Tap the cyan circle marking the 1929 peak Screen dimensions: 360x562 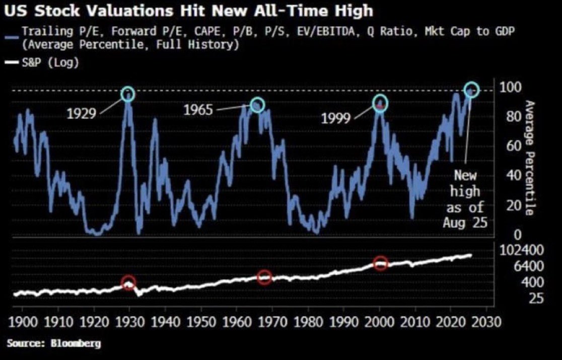pos(128,94)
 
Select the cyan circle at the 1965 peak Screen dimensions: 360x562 pos(257,105)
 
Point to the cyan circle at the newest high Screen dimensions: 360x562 pos(472,90)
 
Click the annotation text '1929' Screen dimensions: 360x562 pos(82,113)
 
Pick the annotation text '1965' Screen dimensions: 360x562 pos(198,110)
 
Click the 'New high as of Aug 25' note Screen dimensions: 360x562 pos(465,199)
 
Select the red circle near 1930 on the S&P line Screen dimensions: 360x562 pos(128,283)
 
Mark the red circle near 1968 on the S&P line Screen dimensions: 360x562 pos(264,277)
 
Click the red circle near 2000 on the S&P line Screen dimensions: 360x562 pos(381,263)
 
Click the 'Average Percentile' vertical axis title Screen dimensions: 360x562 pos(529,158)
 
